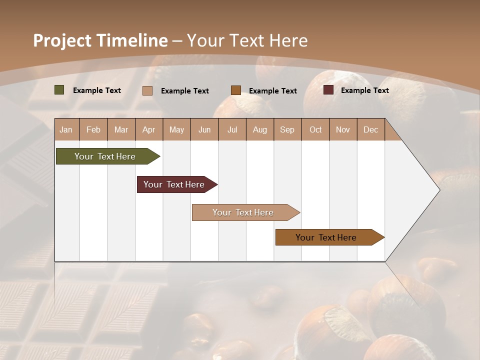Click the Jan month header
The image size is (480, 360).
(66, 129)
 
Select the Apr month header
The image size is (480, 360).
(149, 129)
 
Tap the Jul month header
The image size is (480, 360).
(232, 129)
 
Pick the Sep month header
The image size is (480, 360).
(287, 129)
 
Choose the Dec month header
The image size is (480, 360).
(370, 129)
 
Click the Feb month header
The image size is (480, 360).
(93, 129)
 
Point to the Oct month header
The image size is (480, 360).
(315, 129)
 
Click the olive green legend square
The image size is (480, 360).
(59, 90)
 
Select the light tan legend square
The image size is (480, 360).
(147, 90)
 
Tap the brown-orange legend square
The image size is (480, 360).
(236, 90)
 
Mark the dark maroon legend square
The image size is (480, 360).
(328, 90)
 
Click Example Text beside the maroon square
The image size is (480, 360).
(364, 90)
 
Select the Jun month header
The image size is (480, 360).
(204, 129)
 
